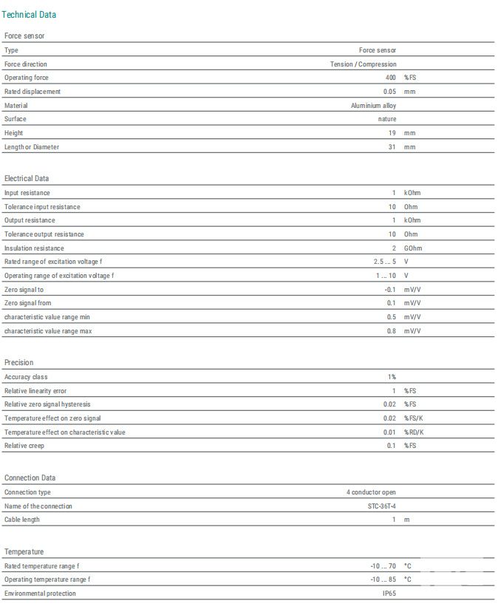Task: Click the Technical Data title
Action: point(29,15)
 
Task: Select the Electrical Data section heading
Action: point(27,178)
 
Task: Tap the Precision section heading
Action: point(18,362)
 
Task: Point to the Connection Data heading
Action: point(30,477)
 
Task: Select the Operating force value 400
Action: point(390,78)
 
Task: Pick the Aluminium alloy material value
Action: point(373,106)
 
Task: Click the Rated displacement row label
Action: point(33,92)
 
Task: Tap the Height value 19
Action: point(392,133)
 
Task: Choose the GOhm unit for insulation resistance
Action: point(413,248)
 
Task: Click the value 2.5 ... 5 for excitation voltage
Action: point(384,262)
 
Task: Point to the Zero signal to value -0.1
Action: point(389,290)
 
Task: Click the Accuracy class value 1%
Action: point(392,377)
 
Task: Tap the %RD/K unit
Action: point(414,432)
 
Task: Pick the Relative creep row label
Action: point(25,446)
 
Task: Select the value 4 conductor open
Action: point(372,492)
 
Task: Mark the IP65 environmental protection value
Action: point(389,594)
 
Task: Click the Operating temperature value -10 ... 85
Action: point(384,579)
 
